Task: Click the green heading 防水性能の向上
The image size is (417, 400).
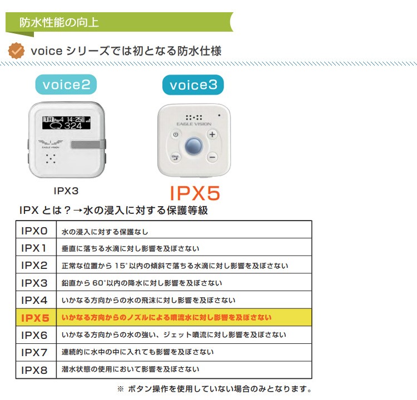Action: click(59, 23)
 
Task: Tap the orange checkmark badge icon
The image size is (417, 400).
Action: click(17, 51)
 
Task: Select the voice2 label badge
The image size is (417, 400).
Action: click(66, 85)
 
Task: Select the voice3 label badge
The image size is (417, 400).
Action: click(193, 85)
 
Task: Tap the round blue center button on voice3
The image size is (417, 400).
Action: click(193, 146)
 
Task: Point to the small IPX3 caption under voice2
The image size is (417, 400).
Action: click(66, 191)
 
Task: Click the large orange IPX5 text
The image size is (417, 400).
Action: click(195, 192)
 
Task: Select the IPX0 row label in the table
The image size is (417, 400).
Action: click(34, 231)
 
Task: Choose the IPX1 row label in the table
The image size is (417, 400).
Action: click(34, 248)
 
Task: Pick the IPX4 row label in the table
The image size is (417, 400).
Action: click(34, 300)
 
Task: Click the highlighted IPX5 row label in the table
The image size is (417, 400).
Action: click(34, 318)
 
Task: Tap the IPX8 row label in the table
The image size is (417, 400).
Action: click(34, 369)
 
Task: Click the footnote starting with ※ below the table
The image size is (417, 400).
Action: click(214, 389)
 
